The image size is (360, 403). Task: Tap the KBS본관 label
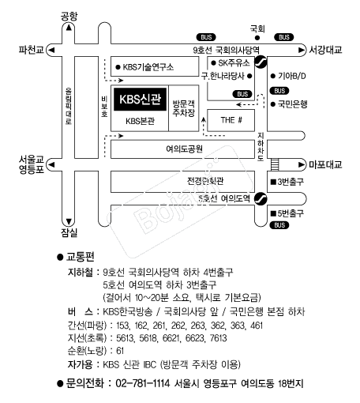coord(139,121)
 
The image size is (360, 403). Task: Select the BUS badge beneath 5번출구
coord(279,225)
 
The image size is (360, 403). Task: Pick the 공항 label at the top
coord(69,15)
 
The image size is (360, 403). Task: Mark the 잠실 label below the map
coord(69,233)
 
